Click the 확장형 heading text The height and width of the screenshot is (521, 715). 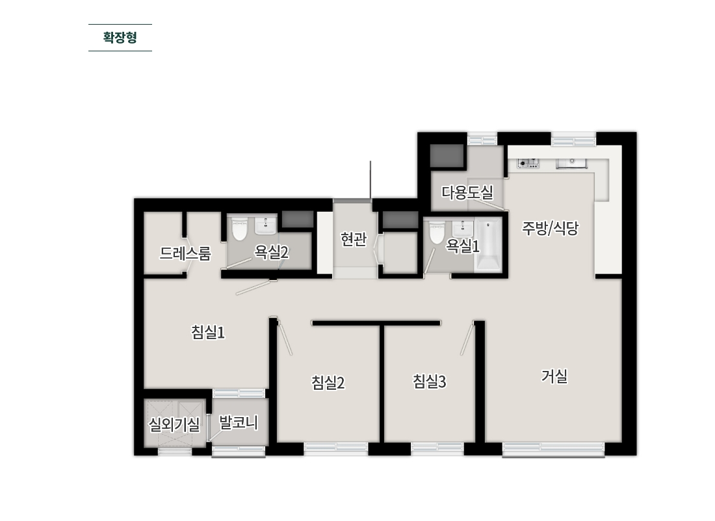point(120,38)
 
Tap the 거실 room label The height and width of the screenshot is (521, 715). point(554,377)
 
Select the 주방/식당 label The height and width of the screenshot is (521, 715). point(550,228)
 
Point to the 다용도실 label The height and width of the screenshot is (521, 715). point(467,192)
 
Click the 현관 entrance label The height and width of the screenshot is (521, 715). point(354,239)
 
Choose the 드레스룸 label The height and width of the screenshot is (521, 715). point(185,253)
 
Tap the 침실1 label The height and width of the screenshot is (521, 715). point(208,332)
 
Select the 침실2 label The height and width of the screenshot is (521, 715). point(328,383)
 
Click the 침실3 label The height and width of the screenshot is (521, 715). point(429,381)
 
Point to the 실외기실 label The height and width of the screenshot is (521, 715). point(174,425)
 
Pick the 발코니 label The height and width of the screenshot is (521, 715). point(239,422)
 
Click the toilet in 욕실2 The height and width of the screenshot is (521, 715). point(239,229)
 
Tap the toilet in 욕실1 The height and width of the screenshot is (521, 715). point(437,233)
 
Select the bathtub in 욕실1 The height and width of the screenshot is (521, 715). point(488,244)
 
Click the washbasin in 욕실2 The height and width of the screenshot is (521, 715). point(265,225)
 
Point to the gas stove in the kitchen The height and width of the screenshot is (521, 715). point(528,164)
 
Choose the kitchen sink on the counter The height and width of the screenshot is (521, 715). point(571,164)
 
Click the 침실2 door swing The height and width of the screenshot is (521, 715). point(285,338)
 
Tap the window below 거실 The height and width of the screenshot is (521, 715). point(554,449)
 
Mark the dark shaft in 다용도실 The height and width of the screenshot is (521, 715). point(447,155)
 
